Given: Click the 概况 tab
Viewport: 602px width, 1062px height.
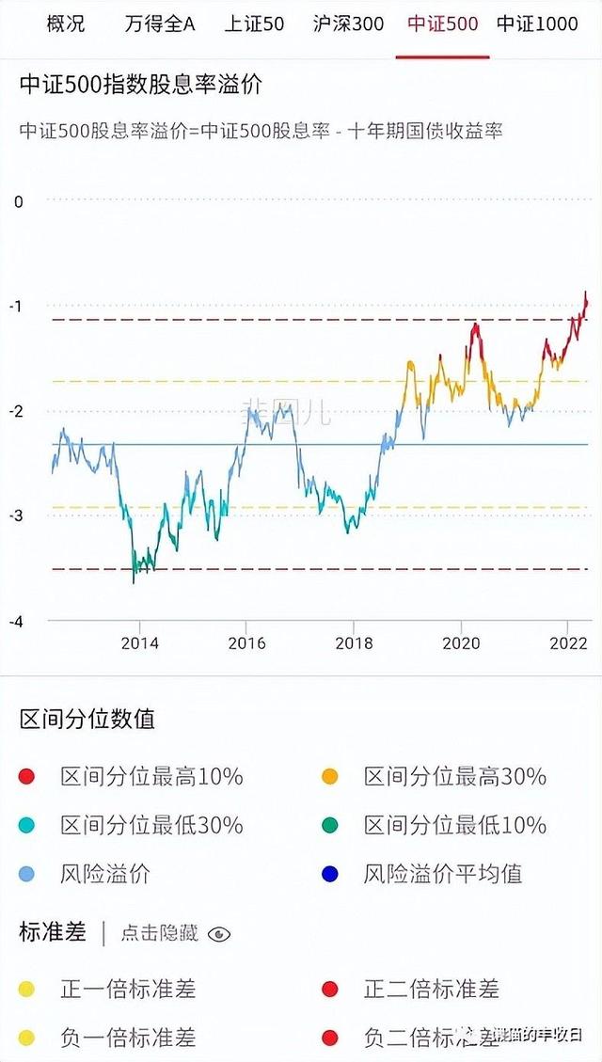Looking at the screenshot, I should click(65, 24).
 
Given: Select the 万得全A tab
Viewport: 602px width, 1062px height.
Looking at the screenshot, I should click(159, 24).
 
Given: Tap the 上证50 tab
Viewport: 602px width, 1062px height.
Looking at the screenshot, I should click(254, 24).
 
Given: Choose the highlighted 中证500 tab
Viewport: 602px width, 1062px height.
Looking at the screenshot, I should click(443, 24).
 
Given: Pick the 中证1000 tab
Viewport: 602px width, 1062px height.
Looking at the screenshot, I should click(537, 24).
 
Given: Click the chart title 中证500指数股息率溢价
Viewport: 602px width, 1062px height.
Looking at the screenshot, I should click(141, 84).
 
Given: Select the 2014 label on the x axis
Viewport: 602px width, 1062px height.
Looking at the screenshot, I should click(139, 643).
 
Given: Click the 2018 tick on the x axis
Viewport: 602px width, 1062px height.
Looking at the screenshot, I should click(353, 643).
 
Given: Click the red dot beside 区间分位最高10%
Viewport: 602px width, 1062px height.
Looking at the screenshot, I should click(26, 776).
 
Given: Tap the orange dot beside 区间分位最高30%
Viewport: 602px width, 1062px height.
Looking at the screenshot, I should click(329, 776).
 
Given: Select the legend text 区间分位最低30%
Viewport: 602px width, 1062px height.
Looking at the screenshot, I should click(151, 825).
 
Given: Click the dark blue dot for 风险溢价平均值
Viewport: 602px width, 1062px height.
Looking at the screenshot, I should click(329, 874).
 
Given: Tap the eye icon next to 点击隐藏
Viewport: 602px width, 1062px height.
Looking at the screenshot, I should click(219, 933).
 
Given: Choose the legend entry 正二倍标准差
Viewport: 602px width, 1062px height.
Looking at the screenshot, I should click(431, 989).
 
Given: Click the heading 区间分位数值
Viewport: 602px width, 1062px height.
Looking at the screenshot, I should click(87, 720).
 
